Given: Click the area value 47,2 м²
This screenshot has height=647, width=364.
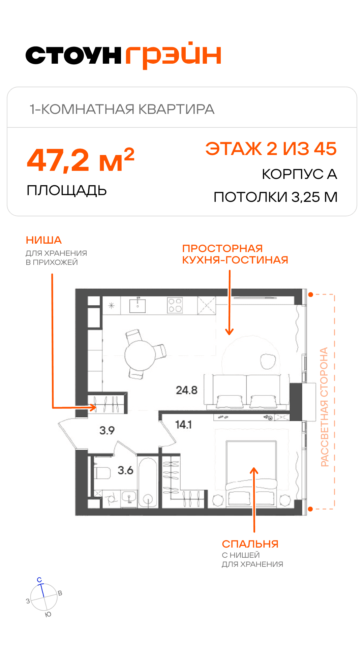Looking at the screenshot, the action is click(81, 160).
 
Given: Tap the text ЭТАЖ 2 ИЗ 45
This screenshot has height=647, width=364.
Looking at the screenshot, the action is click(271, 149).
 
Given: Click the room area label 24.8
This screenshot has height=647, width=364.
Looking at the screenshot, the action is click(187, 390).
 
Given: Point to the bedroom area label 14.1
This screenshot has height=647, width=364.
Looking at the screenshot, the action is click(183, 424).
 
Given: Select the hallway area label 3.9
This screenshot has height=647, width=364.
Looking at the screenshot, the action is click(107, 430).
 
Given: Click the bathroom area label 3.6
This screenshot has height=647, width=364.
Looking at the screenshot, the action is click(125, 470).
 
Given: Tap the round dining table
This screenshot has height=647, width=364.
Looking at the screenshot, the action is click(140, 355).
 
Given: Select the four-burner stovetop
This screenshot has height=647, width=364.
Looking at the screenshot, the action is click(175, 306).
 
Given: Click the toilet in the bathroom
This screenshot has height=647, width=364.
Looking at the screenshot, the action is click(102, 473).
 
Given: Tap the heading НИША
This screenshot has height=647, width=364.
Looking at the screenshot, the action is click(44, 240).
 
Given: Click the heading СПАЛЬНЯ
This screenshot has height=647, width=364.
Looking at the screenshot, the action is click(250, 544).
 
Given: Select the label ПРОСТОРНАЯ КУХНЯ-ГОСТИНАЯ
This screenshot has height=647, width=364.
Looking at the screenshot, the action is click(235, 254).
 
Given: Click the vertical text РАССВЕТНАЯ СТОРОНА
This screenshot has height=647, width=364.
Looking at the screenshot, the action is click(324, 407).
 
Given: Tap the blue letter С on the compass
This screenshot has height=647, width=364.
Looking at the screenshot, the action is click(39, 580).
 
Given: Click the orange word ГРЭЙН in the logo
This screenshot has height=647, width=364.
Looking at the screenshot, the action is click(173, 55).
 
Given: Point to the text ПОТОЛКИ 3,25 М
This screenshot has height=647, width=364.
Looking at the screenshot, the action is click(276, 197).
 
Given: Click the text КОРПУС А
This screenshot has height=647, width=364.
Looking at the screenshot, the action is click(300, 174).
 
